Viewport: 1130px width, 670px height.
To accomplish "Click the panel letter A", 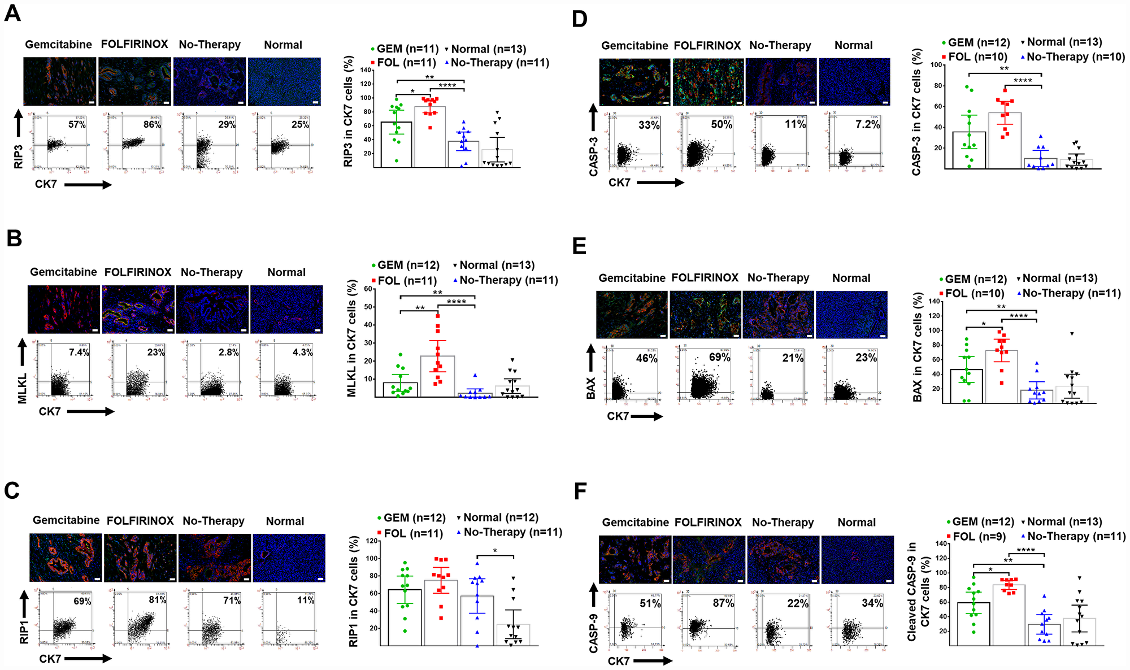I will point(12,12).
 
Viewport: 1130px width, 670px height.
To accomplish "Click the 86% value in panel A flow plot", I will point(152,124).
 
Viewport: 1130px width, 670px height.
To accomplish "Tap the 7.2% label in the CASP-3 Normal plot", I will point(867,124).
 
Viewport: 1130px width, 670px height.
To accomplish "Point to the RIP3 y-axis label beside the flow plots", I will point(19,156).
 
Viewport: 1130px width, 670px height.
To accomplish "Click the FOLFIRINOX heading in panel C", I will point(140,521).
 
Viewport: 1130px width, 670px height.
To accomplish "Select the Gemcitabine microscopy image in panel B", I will point(63,309).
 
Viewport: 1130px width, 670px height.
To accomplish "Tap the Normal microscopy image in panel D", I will point(854,81).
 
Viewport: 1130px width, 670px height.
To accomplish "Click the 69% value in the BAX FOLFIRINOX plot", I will point(719,358).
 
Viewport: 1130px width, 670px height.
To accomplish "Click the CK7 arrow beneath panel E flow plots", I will point(646,417).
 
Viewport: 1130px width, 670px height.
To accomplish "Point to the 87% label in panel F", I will point(723,603).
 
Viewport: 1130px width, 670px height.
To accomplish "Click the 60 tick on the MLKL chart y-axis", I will point(368,289).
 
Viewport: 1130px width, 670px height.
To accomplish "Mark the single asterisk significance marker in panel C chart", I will point(495,550).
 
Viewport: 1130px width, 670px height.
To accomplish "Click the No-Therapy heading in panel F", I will point(783,523).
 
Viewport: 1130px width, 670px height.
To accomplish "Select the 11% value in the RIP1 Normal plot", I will point(306,600).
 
